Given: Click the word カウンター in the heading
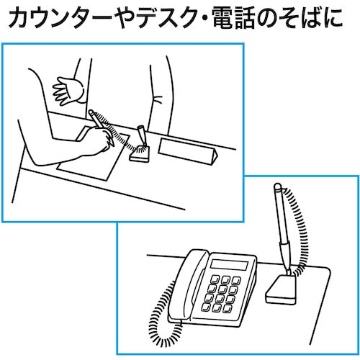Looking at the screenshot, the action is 60,18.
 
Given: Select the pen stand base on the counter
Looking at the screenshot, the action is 140,154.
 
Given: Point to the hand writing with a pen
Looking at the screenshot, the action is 101,139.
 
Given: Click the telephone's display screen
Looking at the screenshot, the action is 229,265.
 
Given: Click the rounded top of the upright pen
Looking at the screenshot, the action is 277,186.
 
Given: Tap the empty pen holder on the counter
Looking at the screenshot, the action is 141,135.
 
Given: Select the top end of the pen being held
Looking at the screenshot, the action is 91,112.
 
